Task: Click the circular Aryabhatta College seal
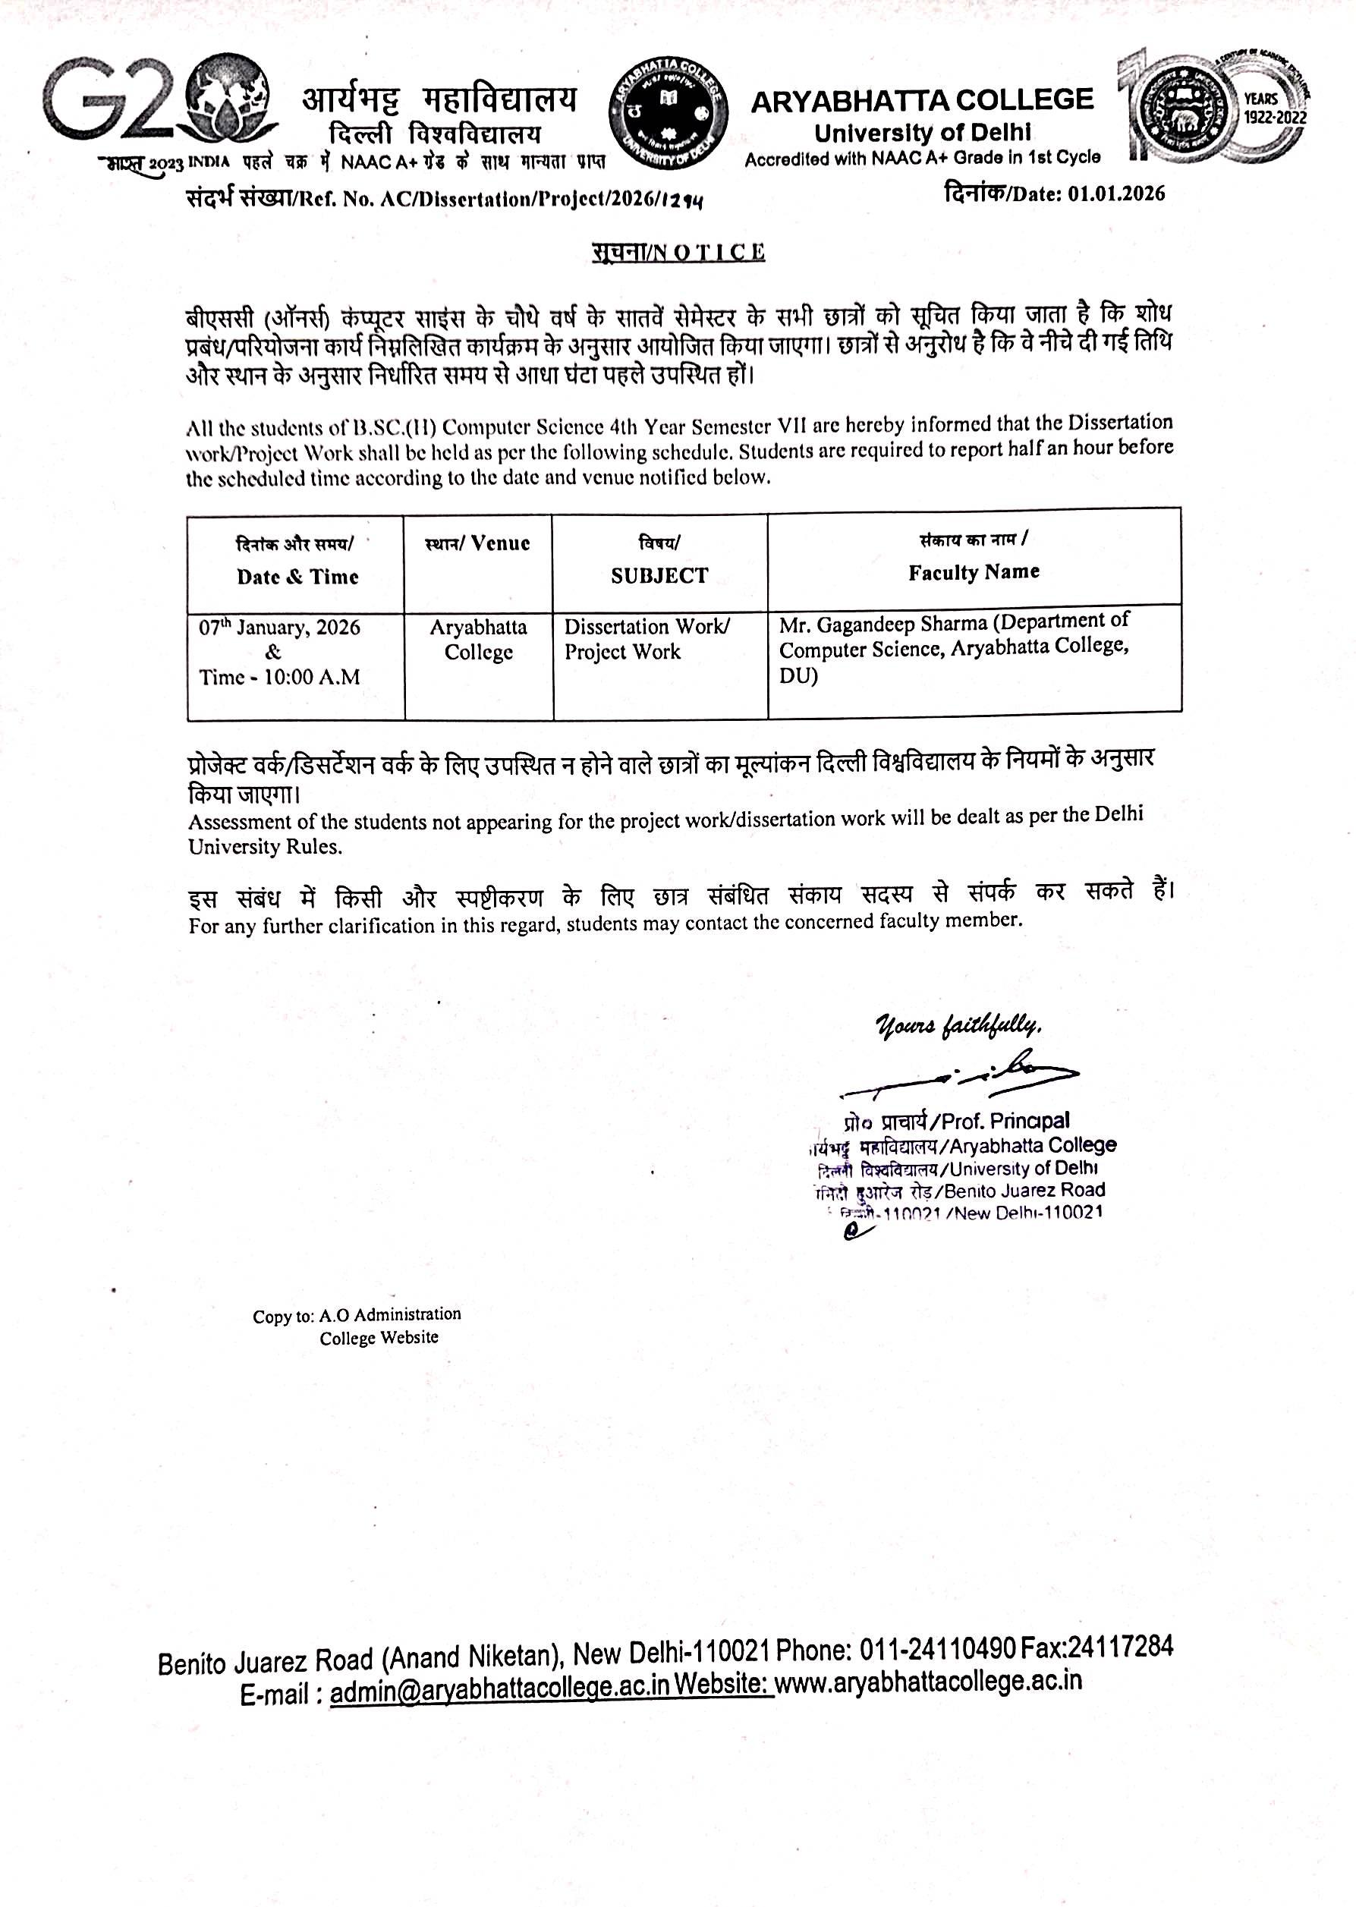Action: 667,115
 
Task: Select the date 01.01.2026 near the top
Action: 1115,194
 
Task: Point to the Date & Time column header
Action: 297,577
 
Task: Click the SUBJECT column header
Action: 659,575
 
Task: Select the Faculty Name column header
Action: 974,573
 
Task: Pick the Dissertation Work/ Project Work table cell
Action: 647,640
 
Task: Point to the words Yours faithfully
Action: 958,1025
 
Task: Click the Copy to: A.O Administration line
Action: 357,1315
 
